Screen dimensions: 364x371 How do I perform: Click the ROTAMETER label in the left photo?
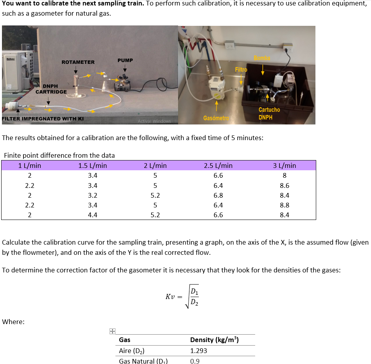(78, 62)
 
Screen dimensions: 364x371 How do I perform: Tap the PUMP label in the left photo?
(125, 60)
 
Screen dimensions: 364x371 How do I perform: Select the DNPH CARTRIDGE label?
(51, 89)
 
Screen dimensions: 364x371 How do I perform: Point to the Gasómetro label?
(215, 117)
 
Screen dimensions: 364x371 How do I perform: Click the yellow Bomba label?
(262, 58)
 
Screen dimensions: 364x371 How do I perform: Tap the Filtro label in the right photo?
(241, 69)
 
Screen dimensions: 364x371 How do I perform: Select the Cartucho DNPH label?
(269, 114)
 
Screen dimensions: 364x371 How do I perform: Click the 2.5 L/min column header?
(218, 166)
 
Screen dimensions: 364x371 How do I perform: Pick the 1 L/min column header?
(29, 166)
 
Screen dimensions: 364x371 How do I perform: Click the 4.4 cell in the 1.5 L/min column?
(92, 215)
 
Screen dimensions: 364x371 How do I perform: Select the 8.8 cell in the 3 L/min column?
(285, 205)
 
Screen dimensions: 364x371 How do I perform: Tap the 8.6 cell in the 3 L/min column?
(285, 186)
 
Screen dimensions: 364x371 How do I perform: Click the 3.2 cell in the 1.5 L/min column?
(92, 195)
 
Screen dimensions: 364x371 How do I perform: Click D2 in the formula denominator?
(194, 302)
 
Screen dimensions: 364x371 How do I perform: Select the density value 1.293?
(198, 351)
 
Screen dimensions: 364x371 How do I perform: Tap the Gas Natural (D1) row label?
(143, 361)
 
